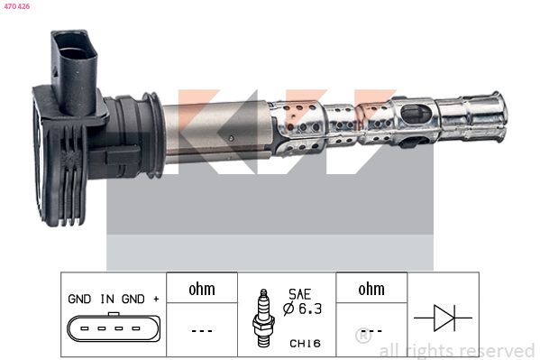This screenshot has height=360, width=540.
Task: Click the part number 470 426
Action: pos(17,6)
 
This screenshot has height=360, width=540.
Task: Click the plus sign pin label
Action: pos(156,299)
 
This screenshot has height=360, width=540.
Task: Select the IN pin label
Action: pos(107,299)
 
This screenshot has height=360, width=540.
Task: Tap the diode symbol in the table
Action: pos(443,318)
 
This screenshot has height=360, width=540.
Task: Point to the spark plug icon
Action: pos(263,318)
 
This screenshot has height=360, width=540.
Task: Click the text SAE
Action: pos(299,294)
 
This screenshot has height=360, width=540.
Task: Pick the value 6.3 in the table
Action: pos(310,309)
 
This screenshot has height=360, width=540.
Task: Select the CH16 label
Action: pos(305,343)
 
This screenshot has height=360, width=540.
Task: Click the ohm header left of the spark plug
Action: pos(202,289)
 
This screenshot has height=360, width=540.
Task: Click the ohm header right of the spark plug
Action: pos(371,289)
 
